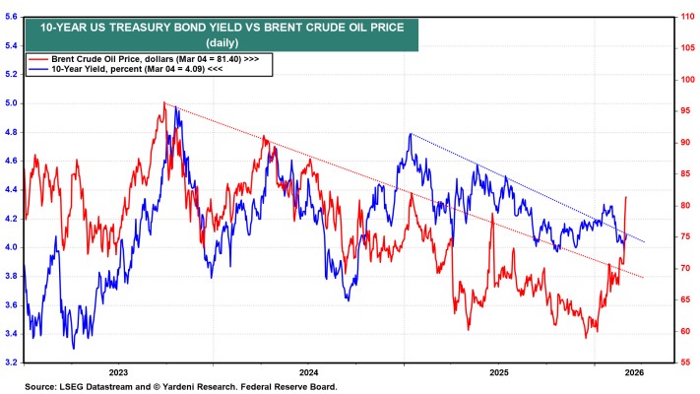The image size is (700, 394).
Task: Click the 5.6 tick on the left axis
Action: tap(11, 17)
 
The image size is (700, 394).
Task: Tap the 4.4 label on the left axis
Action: tap(11, 190)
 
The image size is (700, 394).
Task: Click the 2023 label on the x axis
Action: tap(118, 372)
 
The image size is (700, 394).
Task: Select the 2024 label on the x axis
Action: tap(308, 372)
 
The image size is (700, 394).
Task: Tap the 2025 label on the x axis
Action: tap(499, 372)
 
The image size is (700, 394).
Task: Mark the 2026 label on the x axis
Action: tap(634, 372)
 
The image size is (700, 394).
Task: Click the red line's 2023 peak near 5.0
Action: tap(164, 102)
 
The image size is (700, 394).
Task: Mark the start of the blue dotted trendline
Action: tap(410, 134)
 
